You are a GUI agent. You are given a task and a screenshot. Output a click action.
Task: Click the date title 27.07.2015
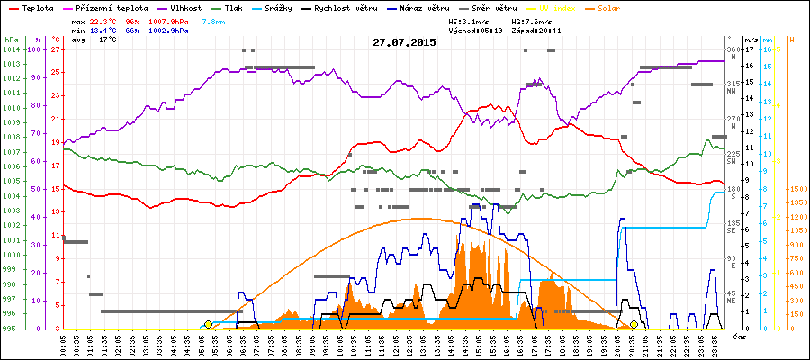coord(404,42)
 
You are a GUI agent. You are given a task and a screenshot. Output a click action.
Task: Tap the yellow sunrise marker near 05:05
coord(208,324)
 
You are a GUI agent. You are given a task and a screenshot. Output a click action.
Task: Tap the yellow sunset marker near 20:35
coord(634,324)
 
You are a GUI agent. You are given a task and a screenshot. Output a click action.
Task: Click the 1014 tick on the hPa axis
coord(12,50)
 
